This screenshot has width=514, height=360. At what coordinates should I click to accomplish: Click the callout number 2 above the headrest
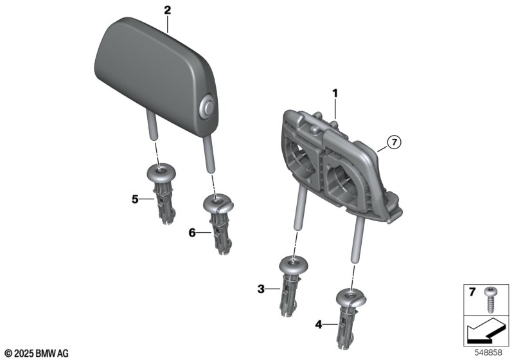(x=168, y=10)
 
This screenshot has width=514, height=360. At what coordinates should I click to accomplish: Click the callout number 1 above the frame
(x=335, y=94)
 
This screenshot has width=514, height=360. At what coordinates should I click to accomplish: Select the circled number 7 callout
(x=394, y=142)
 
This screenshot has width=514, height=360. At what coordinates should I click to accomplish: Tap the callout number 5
(x=135, y=199)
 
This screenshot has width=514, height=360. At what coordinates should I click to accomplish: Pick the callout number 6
(x=192, y=233)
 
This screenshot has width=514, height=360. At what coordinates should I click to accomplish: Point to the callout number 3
(x=261, y=289)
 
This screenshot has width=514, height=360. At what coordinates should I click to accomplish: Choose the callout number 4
(x=319, y=325)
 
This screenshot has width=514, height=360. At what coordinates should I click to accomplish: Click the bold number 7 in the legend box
(x=472, y=292)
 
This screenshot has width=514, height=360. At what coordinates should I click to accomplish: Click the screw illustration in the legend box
(x=491, y=300)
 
